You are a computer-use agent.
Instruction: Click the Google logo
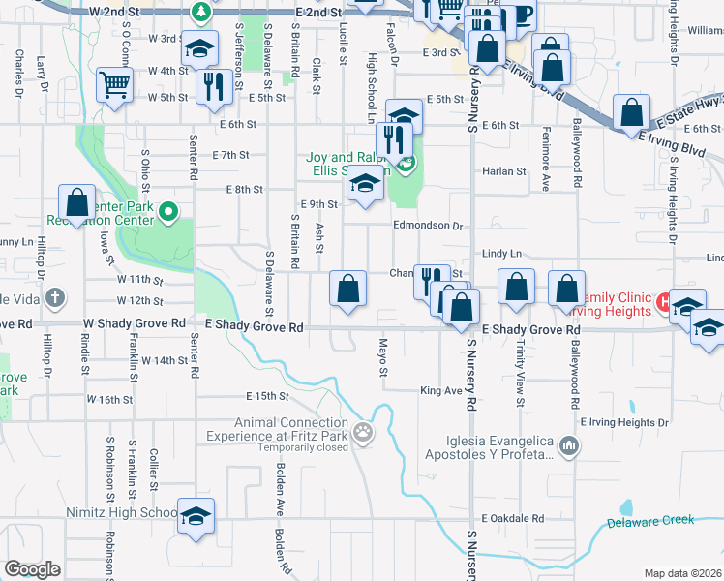pyautogui.click(x=32, y=569)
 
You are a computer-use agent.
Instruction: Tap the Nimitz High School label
pyautogui.click(x=121, y=512)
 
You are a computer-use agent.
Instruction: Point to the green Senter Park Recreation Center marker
pyautogui.click(x=168, y=210)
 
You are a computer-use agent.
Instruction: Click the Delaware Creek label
pyautogui.click(x=650, y=521)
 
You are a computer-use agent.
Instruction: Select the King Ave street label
pyautogui.click(x=440, y=391)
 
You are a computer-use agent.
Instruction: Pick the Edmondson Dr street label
pyautogui.click(x=428, y=226)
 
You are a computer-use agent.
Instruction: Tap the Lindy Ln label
pyautogui.click(x=501, y=254)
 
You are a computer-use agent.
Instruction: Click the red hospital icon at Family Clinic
pyautogui.click(x=664, y=302)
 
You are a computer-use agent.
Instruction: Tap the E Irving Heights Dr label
pyautogui.click(x=624, y=422)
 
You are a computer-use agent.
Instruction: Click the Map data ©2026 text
pyautogui.click(x=683, y=573)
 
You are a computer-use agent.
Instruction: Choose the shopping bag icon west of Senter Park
pyautogui.click(x=77, y=203)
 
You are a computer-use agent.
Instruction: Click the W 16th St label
pyautogui.click(x=108, y=399)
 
